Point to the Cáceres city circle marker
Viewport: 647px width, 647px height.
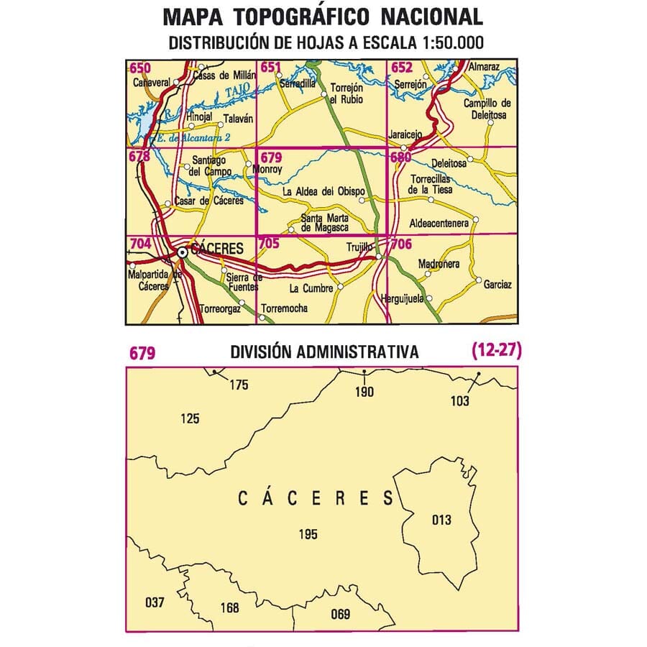pyautogui.click(x=183, y=252)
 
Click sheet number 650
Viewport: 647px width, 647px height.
pyautogui.click(x=140, y=68)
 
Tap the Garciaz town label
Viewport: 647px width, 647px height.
pyautogui.click(x=497, y=285)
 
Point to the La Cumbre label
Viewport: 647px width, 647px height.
pyautogui.click(x=311, y=288)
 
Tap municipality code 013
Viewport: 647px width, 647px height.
pyautogui.click(x=444, y=520)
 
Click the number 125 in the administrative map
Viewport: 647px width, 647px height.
pyautogui.click(x=191, y=418)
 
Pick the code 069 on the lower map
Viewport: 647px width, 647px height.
pyautogui.click(x=340, y=613)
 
